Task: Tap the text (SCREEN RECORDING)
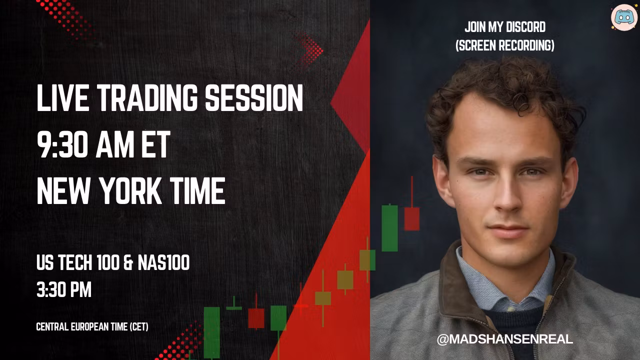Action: (x=505, y=45)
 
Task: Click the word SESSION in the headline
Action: (x=254, y=97)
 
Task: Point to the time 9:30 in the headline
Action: (x=62, y=145)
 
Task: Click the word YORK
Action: (x=130, y=190)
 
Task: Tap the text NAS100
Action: (x=163, y=262)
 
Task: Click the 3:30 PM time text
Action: (x=64, y=289)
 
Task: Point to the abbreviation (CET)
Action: (x=139, y=327)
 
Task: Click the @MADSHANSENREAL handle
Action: (x=505, y=339)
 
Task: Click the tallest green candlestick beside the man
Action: (x=389, y=228)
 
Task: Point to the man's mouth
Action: (x=508, y=230)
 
